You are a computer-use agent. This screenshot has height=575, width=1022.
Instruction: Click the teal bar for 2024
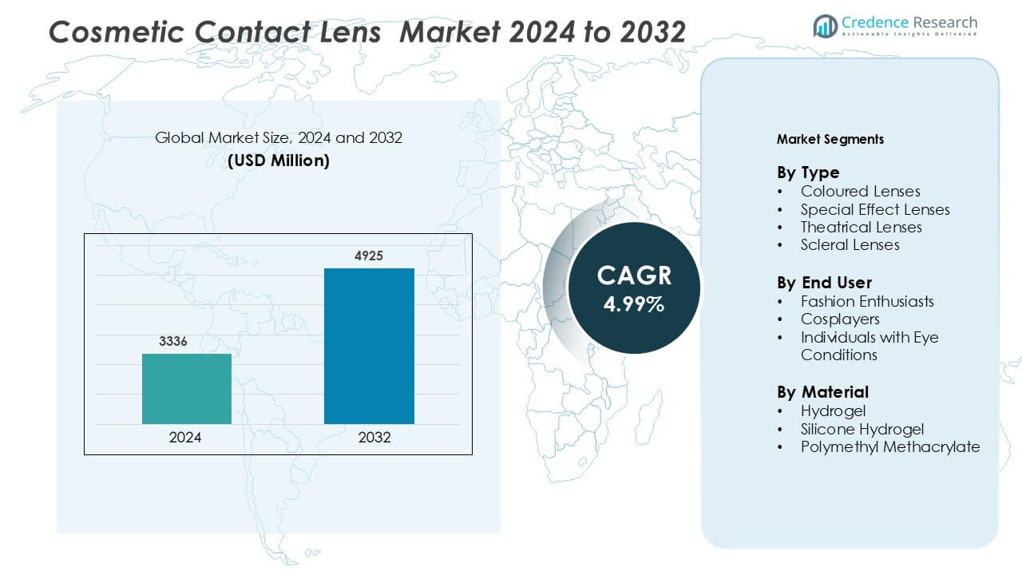click(x=187, y=389)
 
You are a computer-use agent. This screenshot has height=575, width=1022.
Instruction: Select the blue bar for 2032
click(x=369, y=346)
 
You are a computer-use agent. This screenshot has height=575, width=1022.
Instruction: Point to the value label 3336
click(x=173, y=342)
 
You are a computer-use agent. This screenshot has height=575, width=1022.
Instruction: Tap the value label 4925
click(x=369, y=256)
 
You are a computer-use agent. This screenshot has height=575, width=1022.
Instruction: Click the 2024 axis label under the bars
click(x=185, y=438)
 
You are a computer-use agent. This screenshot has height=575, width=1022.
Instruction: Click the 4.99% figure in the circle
click(x=634, y=304)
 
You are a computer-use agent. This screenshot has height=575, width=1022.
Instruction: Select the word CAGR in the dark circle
click(x=634, y=276)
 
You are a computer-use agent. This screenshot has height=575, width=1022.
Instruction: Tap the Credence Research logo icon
click(x=825, y=26)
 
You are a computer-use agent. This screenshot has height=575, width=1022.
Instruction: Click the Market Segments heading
click(x=830, y=139)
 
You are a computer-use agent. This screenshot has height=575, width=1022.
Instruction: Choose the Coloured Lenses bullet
click(x=860, y=192)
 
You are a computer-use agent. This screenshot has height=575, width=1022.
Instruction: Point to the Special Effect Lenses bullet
click(x=875, y=209)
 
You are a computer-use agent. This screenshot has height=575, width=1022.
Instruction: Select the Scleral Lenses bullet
click(x=850, y=245)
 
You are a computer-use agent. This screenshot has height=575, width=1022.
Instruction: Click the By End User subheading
click(x=824, y=283)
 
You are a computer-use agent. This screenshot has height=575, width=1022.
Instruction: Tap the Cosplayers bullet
click(x=840, y=319)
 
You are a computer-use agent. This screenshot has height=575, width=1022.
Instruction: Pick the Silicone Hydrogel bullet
click(x=862, y=429)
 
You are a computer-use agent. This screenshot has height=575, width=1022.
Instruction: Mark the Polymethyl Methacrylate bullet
click(x=890, y=447)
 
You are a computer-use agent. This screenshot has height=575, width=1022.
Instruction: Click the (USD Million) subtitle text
click(x=279, y=161)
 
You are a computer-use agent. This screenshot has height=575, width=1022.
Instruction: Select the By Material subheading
click(x=822, y=392)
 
